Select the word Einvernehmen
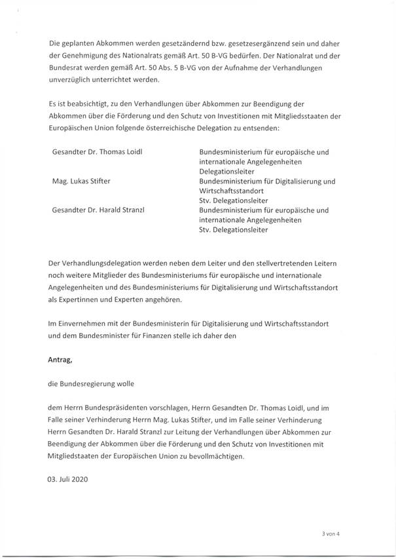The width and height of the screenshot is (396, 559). point(82,324)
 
